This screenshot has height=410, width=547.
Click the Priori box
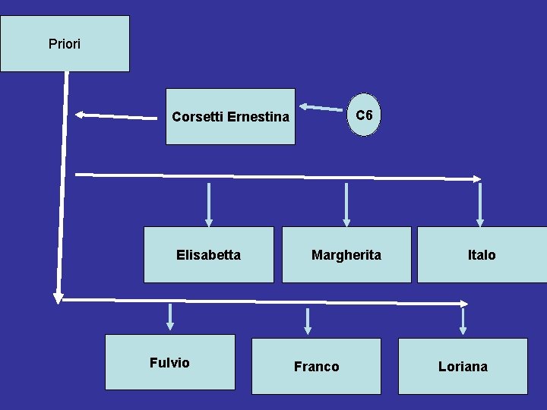coord(65,44)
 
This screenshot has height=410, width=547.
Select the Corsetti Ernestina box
coord(230,117)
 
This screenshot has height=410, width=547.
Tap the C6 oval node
coord(365,115)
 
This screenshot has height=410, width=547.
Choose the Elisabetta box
coord(208,255)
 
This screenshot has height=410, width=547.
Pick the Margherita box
coord(346,255)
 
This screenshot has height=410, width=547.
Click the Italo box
coord(482,255)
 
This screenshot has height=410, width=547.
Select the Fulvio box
coord(169,363)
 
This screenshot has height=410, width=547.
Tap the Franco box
coord(316,367)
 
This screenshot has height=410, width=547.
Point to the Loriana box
coord(463,367)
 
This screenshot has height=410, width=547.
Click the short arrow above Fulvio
coord(170,317)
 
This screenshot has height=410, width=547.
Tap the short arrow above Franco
coord(308,321)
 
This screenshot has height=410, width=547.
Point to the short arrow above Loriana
coord(463,321)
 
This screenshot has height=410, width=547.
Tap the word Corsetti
coord(195,117)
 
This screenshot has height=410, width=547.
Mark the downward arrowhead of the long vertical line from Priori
coord(58,298)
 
